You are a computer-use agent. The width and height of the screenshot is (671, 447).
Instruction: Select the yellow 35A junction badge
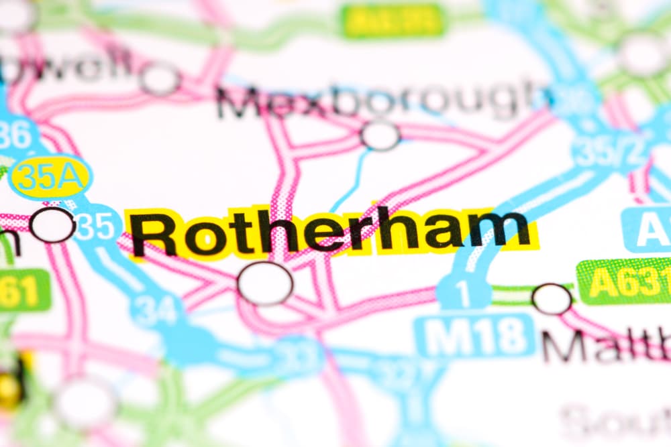tap(50, 177)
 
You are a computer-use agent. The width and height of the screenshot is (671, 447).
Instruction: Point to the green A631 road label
tap(624, 281)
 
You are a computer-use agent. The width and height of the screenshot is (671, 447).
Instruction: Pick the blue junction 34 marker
tap(156, 310)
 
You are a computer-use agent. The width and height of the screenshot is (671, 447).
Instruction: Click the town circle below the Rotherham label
tap(265, 283)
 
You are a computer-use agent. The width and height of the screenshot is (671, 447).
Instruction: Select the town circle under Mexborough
tap(380, 135)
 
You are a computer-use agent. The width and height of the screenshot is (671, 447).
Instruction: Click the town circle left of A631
tap(552, 299)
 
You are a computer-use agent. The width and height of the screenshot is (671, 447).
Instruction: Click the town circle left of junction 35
tap(52, 225)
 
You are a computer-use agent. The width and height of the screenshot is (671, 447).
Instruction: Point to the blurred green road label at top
tap(393, 20)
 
